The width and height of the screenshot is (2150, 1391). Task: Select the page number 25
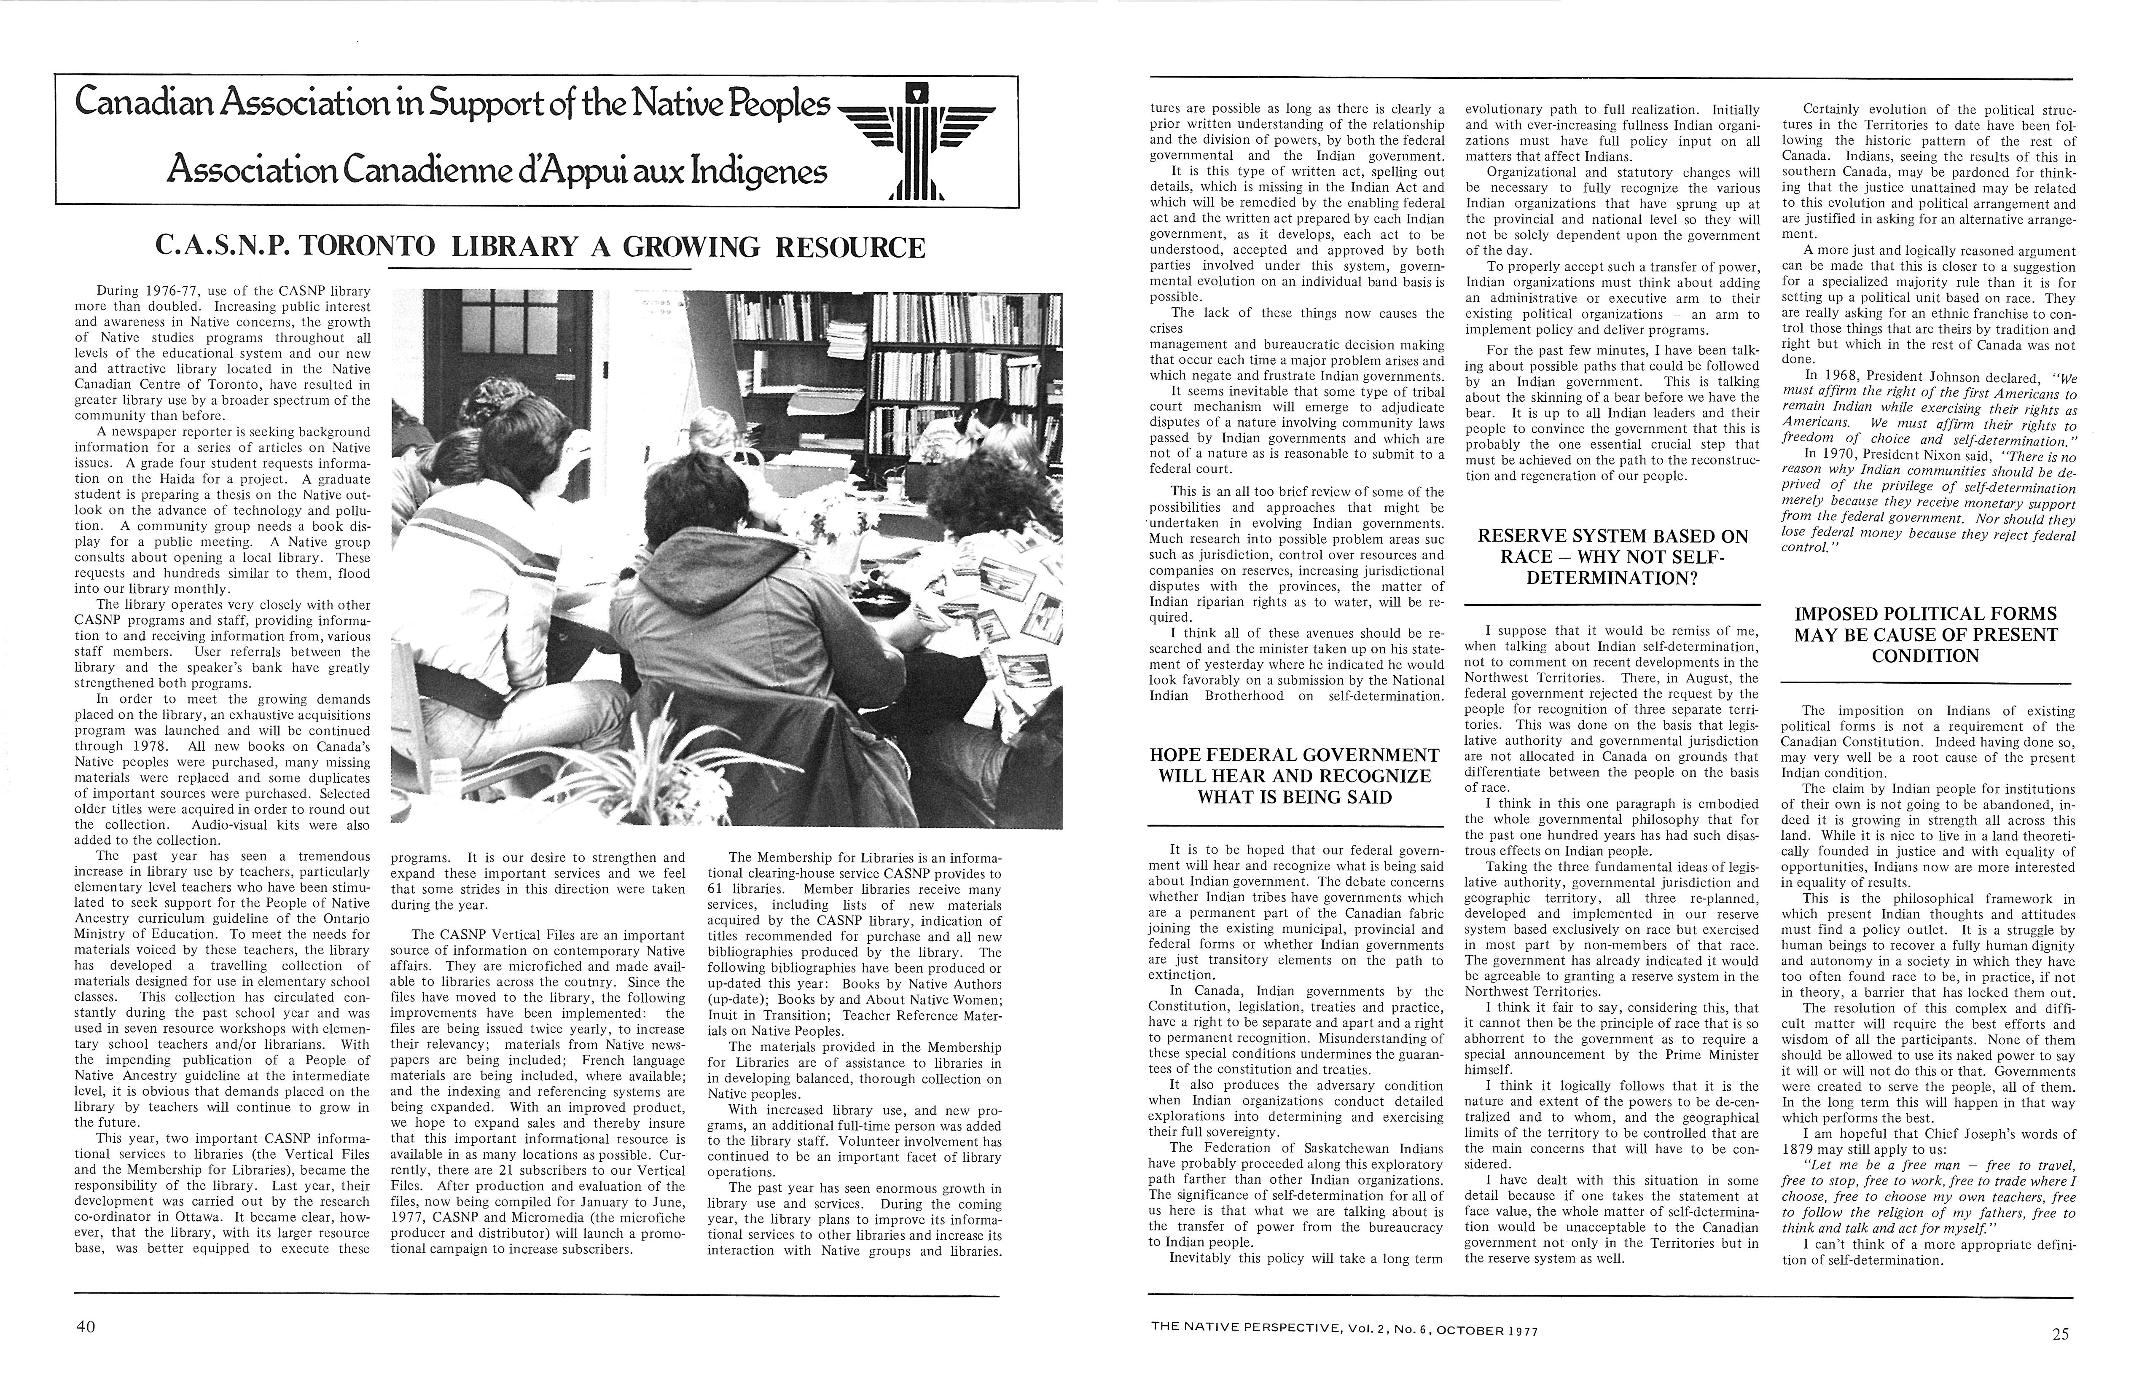pyautogui.click(x=2060, y=1334)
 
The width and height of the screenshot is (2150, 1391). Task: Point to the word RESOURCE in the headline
pyautogui.click(x=861, y=246)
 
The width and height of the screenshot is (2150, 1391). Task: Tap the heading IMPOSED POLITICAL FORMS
pyautogui.click(x=1926, y=634)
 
